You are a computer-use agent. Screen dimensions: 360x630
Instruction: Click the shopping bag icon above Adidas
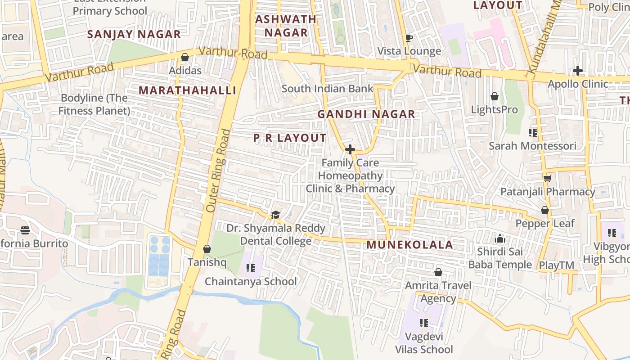(x=184, y=57)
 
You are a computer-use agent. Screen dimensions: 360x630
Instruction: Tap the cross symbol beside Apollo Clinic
(x=578, y=71)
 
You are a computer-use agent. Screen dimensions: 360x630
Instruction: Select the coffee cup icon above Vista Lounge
(x=409, y=38)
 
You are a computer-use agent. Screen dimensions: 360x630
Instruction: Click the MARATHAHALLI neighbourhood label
(x=187, y=90)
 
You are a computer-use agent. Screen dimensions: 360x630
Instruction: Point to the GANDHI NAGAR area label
(x=366, y=114)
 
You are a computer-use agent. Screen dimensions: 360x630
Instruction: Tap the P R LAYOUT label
(x=290, y=138)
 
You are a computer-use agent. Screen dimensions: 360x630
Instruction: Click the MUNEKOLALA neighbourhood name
(x=409, y=245)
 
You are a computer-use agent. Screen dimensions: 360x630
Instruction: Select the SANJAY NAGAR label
(x=134, y=34)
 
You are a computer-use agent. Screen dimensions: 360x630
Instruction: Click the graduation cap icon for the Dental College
(x=275, y=215)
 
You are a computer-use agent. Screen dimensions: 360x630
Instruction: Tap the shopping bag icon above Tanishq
(x=207, y=249)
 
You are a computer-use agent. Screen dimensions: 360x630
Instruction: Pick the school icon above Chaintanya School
(x=251, y=268)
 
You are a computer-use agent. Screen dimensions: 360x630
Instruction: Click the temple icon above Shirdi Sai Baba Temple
(x=500, y=238)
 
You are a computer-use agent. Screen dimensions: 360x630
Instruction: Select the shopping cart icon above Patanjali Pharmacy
(x=547, y=179)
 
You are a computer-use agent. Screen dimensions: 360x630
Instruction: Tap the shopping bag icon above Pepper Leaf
(x=544, y=210)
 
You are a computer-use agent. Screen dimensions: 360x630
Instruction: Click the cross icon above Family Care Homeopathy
(x=350, y=149)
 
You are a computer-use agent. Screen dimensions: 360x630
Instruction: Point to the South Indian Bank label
(x=327, y=89)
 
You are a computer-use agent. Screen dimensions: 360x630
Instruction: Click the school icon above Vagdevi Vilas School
(x=423, y=323)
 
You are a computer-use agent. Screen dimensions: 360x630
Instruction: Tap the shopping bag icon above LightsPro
(x=494, y=96)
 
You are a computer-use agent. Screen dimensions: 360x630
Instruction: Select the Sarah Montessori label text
(x=532, y=146)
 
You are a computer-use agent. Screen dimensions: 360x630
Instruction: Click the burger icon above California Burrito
(x=25, y=230)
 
